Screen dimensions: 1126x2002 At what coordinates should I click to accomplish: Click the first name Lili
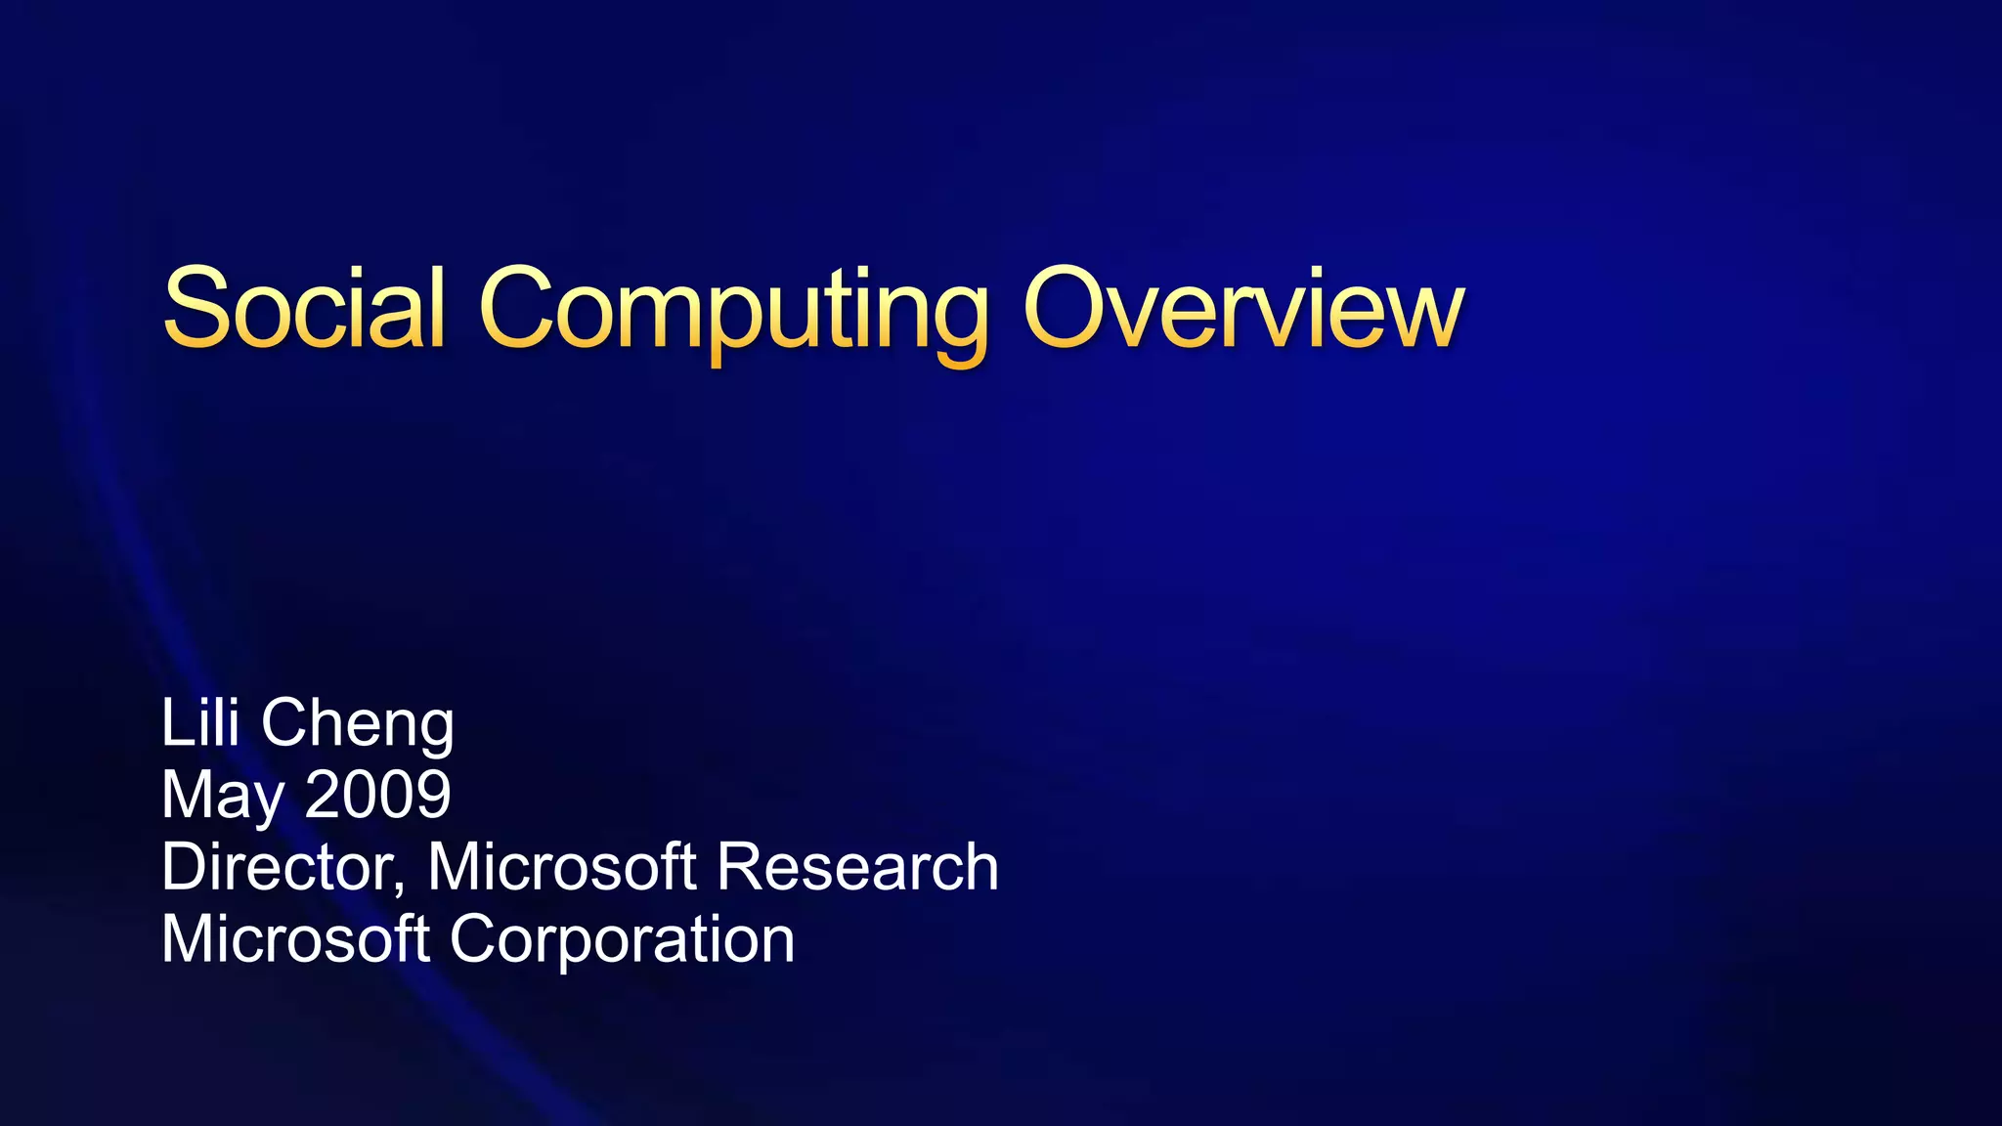click(x=199, y=723)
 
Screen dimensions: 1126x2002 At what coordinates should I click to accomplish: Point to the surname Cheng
click(x=358, y=725)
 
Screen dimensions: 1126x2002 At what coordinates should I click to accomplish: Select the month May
click(x=222, y=796)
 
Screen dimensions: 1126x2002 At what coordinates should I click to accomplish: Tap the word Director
click(x=278, y=866)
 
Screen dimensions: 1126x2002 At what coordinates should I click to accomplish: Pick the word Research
click(x=857, y=866)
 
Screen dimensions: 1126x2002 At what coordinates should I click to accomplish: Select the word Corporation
click(x=622, y=938)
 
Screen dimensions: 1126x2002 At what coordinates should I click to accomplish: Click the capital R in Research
click(x=739, y=866)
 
